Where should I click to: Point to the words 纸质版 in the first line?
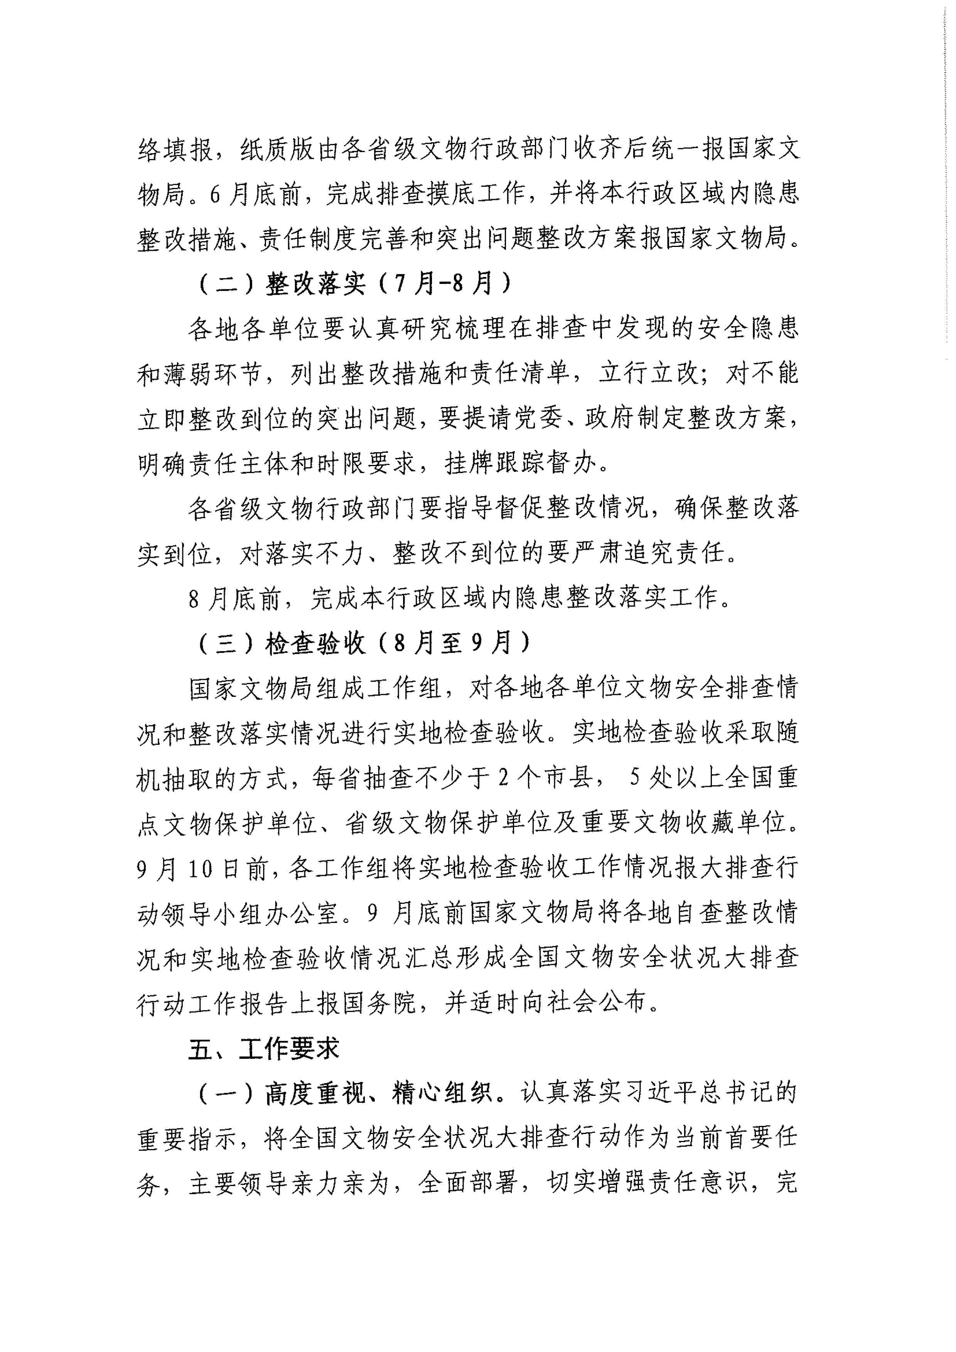(x=277, y=149)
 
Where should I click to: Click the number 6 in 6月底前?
(x=215, y=194)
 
